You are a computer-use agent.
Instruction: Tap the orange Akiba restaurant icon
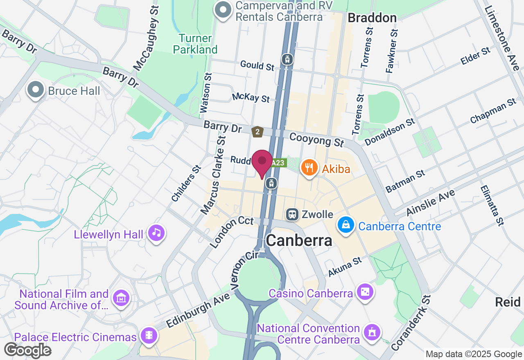click(309, 168)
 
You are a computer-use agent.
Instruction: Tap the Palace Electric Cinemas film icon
click(149, 336)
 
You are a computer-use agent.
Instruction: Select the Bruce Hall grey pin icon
click(36, 90)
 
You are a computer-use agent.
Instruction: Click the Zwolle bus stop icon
click(292, 214)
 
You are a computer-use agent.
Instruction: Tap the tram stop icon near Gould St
click(287, 59)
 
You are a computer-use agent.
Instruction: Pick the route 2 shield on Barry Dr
click(257, 132)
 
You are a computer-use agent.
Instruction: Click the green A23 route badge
click(278, 163)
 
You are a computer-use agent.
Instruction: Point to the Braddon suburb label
click(372, 18)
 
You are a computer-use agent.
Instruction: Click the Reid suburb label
click(508, 302)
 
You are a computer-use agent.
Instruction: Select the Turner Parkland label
click(195, 44)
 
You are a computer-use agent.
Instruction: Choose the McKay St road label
click(251, 98)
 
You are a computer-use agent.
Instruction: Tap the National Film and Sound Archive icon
click(122, 298)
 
